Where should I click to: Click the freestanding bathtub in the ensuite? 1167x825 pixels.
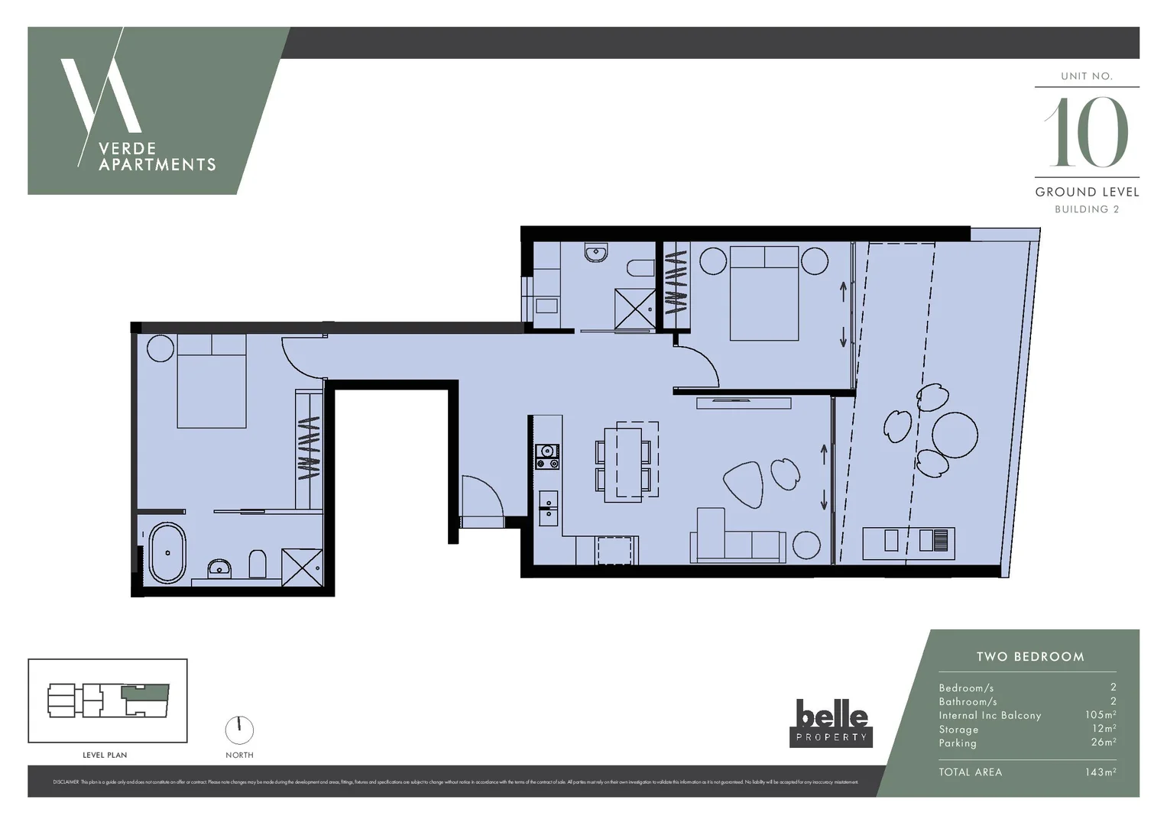[x=167, y=552]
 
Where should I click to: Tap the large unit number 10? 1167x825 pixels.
[x=1087, y=132]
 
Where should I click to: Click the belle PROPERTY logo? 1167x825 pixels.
[x=831, y=723]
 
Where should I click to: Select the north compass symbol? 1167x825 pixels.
[x=239, y=730]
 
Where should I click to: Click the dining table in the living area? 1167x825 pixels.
[x=623, y=464]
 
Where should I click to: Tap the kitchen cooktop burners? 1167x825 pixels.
[x=547, y=457]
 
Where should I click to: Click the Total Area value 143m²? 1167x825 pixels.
[x=1100, y=772]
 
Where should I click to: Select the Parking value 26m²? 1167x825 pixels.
[x=1103, y=742]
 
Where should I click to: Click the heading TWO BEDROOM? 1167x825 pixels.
[x=1029, y=657]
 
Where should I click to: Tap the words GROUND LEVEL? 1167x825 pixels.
[x=1087, y=192]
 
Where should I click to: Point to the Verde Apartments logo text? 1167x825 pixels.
[x=157, y=157]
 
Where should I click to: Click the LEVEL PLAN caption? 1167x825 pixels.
[x=105, y=755]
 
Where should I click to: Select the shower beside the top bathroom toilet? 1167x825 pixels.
[x=635, y=309]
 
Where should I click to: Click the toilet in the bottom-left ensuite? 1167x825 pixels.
[x=258, y=565]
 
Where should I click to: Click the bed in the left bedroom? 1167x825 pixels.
[x=212, y=380]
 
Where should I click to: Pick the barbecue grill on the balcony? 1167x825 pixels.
[x=933, y=540]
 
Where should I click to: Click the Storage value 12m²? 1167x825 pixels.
[x=1104, y=729]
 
